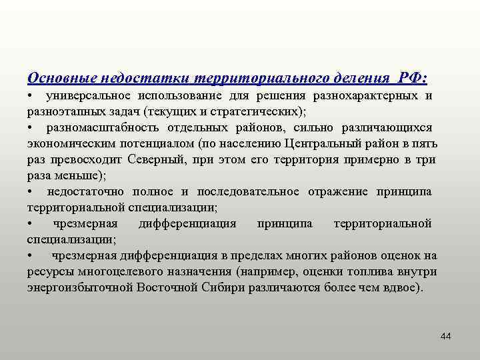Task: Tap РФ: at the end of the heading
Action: tap(412, 79)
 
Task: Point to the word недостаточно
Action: tap(85, 191)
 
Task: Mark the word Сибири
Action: tap(216, 287)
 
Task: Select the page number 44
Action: tap(445, 337)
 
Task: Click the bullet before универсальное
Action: tap(31, 96)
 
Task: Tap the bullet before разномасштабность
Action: tap(31, 127)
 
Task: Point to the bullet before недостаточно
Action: tap(31, 191)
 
